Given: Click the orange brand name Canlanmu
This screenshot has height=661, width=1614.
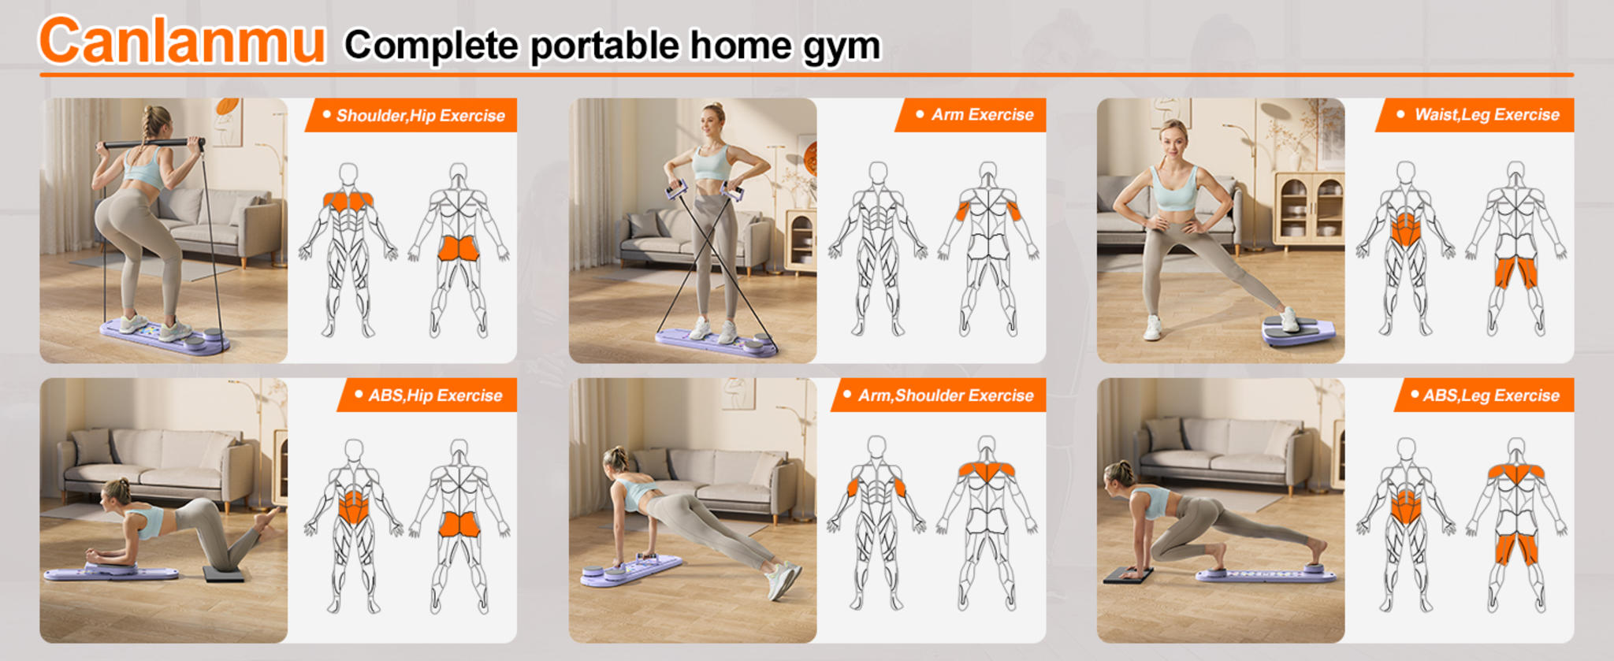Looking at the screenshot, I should [x=181, y=42].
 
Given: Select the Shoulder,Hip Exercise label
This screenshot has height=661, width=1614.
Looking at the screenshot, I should [x=419, y=116].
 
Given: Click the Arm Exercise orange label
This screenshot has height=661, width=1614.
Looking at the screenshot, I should [x=981, y=115].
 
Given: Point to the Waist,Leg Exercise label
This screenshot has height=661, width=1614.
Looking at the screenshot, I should [x=1486, y=115].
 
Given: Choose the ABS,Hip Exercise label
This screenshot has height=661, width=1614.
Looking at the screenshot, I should [x=434, y=395].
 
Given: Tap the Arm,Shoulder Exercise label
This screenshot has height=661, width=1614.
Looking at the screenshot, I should [x=945, y=395].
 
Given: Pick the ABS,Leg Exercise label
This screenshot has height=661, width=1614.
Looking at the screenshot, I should [x=1490, y=395].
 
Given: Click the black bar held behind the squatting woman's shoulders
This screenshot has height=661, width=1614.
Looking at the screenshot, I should [x=150, y=144].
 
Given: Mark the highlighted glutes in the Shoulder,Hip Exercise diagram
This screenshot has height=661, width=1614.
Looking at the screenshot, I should [x=458, y=248].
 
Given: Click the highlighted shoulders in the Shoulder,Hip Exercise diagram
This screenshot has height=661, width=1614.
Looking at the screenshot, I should [x=348, y=201].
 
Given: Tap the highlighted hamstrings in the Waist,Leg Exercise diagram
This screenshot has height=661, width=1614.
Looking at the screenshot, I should [x=1515, y=273].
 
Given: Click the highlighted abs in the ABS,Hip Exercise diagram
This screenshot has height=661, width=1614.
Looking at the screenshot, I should [x=353, y=508].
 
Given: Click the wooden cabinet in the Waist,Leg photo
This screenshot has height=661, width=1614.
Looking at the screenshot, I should [x=1308, y=209].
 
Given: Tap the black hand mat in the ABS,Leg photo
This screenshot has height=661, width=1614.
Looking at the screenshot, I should [x=1127, y=574].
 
